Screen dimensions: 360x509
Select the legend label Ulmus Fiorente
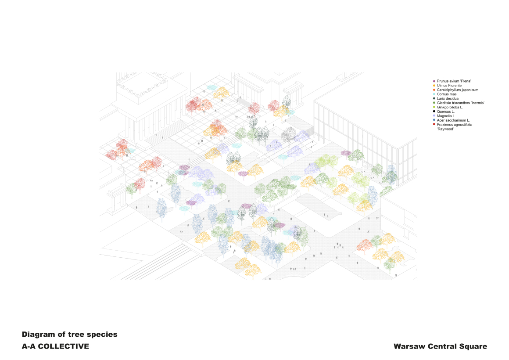coord(449,86)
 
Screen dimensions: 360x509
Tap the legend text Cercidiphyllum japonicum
coord(457,90)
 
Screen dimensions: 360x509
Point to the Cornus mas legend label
coord(446,94)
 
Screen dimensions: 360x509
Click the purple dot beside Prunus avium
coord(434,81)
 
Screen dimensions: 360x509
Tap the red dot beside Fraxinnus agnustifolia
coord(434,124)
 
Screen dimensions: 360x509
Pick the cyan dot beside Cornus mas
coord(434,94)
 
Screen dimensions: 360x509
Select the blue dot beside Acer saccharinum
coord(434,120)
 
